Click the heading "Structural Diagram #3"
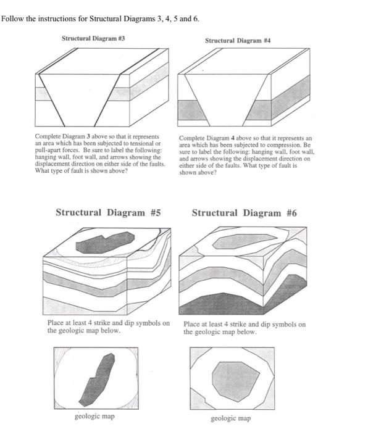pos(93,38)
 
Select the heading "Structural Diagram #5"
pos(108,212)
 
